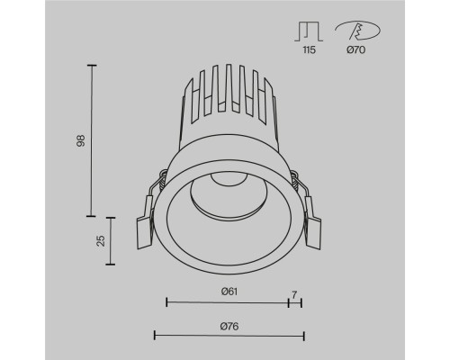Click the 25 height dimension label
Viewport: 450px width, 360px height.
[100, 240]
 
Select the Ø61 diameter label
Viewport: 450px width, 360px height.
[227, 292]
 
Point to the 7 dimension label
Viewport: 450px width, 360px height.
[294, 292]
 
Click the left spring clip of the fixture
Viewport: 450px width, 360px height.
[147, 225]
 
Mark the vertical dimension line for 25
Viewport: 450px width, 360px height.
[112, 240]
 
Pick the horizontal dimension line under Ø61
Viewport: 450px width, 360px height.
[227, 303]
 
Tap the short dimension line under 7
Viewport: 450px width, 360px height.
[295, 303]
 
